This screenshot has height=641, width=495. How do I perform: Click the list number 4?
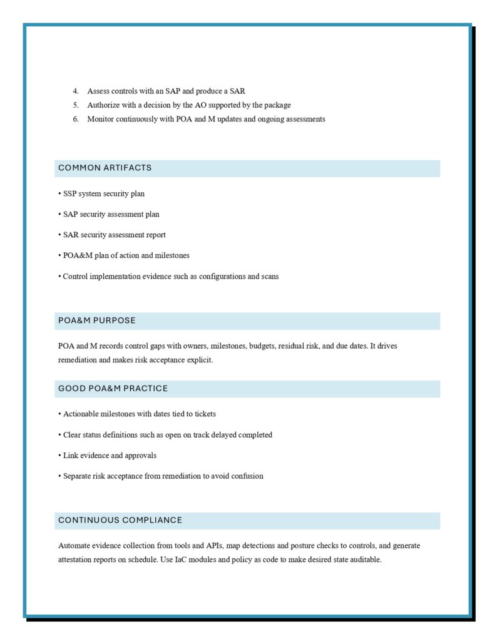point(75,91)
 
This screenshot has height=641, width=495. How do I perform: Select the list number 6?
point(75,119)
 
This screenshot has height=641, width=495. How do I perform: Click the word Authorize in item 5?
point(103,105)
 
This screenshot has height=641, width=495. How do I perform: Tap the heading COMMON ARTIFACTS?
point(105,168)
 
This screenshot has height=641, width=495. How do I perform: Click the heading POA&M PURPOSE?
point(97,320)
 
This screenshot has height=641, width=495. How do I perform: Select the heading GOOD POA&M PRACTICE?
point(113,389)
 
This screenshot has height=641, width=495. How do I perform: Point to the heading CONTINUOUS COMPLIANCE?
point(120,520)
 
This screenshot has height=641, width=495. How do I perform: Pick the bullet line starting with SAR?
point(114,235)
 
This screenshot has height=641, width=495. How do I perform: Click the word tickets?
point(203,414)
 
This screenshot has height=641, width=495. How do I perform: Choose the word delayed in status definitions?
point(222,434)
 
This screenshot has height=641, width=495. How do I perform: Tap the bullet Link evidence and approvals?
point(110,455)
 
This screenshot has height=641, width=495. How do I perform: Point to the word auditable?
point(364,560)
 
